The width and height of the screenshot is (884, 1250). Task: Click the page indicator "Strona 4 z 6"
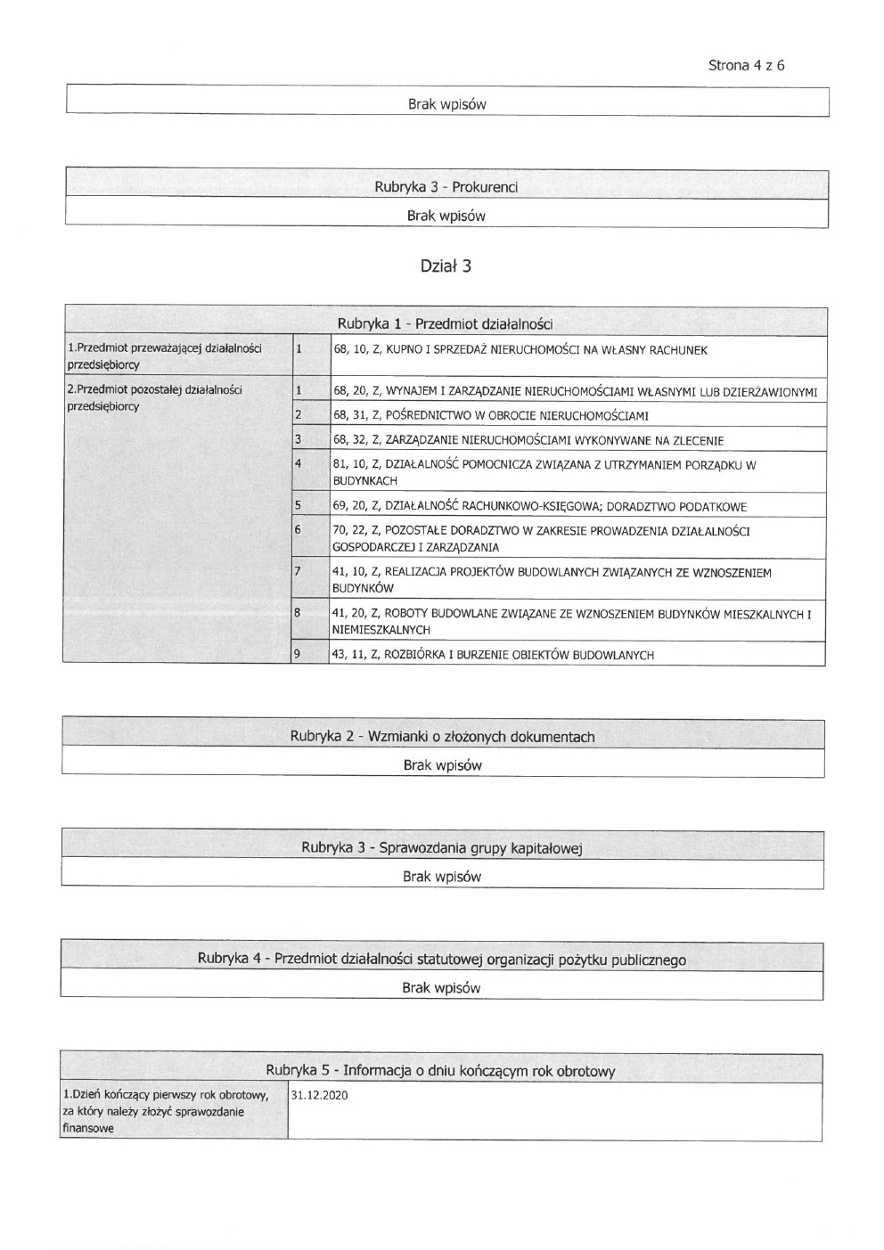(x=746, y=65)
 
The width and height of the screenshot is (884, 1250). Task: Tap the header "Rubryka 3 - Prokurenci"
(x=446, y=187)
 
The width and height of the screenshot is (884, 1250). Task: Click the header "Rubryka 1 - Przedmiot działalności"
(x=445, y=323)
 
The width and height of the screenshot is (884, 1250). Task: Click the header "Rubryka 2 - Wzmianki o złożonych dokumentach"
(x=442, y=737)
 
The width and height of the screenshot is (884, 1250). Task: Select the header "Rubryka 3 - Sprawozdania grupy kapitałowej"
(x=441, y=848)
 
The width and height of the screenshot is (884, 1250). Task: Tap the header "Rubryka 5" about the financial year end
(x=440, y=1071)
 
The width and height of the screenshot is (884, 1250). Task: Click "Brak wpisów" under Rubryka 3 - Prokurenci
(x=446, y=216)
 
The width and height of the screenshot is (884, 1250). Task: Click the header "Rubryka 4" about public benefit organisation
(x=441, y=960)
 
